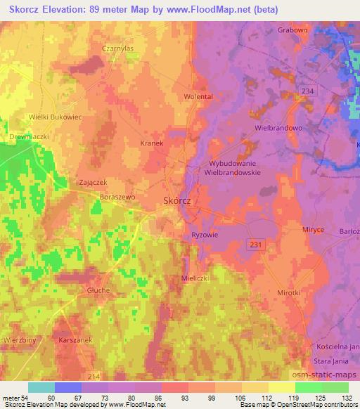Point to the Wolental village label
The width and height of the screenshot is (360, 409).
click(x=198, y=96)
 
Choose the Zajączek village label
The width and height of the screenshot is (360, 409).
click(x=92, y=181)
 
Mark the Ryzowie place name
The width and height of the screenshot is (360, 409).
click(x=205, y=235)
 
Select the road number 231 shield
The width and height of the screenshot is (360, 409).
click(x=255, y=242)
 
